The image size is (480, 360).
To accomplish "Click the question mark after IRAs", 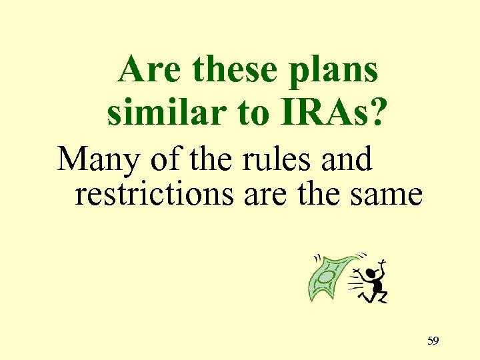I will [377, 113].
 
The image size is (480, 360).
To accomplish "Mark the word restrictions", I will [155, 195].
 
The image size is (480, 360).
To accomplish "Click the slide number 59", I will [433, 341].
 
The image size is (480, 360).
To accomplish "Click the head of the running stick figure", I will [373, 263].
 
